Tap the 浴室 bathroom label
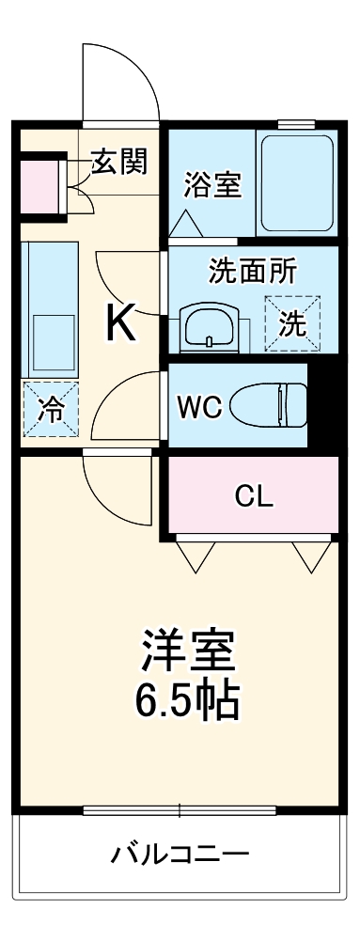click(x=213, y=184)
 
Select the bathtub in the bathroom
click(x=295, y=184)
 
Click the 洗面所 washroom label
click(x=252, y=271)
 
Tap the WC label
click(x=199, y=407)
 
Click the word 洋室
click(x=188, y=650)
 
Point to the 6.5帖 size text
click(x=188, y=698)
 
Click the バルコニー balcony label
click(x=180, y=854)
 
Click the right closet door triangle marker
click(x=305, y=557)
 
